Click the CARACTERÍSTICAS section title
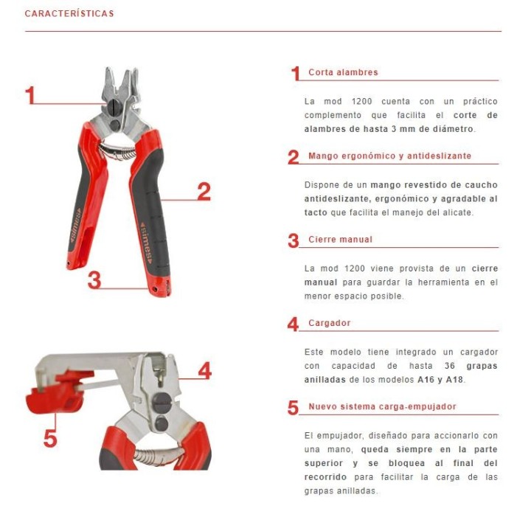pos(69,13)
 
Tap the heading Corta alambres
pos(343,72)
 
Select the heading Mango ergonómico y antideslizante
pos(389,156)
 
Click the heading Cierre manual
pos(340,240)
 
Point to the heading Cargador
pos(329,323)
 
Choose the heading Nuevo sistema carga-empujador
pos(382,406)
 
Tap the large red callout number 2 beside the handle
pos(204,191)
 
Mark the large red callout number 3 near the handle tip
pos(94,280)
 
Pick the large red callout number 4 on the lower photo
pos(204,371)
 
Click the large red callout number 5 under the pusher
pos(49,438)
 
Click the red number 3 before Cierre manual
pos(294,241)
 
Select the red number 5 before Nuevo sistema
pos(294,408)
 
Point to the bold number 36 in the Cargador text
pos(449,366)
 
